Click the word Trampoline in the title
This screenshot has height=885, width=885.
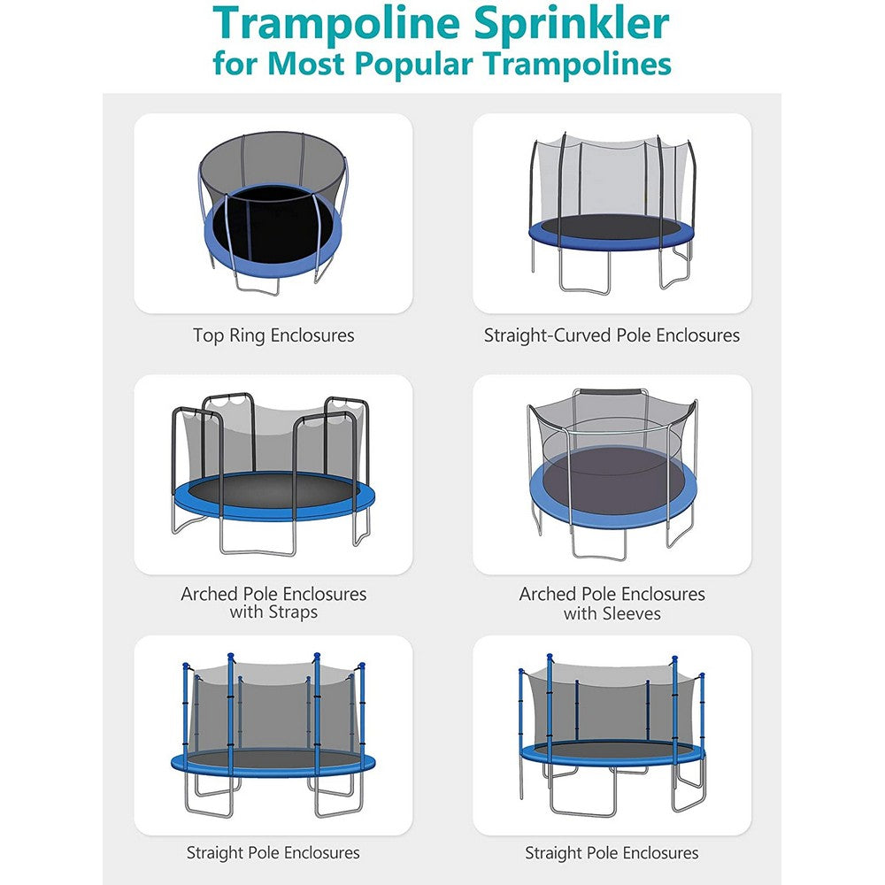click(327, 24)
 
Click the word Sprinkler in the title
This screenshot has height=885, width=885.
click(581, 24)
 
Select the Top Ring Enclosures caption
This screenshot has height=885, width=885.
click(273, 335)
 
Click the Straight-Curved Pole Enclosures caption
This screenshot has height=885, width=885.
click(612, 335)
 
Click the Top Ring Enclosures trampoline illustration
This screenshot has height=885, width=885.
click(273, 212)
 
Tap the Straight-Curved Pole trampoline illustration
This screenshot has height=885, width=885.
click(612, 212)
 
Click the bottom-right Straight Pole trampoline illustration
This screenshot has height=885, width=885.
click(612, 735)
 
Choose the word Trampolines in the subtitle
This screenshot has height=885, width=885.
click(601, 65)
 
